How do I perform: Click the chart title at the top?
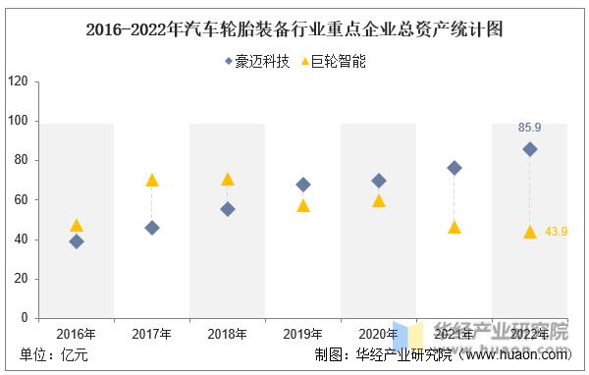(294, 29)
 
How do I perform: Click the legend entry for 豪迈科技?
(257, 61)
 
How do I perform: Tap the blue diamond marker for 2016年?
(77, 241)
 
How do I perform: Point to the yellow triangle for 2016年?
(77, 226)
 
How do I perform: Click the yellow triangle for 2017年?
(152, 181)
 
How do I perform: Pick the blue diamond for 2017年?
(152, 228)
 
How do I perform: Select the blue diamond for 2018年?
(228, 209)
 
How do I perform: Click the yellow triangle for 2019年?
(303, 206)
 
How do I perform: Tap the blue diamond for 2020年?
(379, 181)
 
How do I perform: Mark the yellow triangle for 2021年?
(455, 228)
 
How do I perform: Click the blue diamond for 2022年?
(530, 149)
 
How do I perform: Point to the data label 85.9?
(530, 128)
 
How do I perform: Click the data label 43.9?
(557, 232)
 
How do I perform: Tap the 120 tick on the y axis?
(17, 81)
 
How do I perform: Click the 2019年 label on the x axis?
(303, 334)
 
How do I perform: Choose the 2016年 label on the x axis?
(77, 334)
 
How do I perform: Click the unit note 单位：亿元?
(54, 355)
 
